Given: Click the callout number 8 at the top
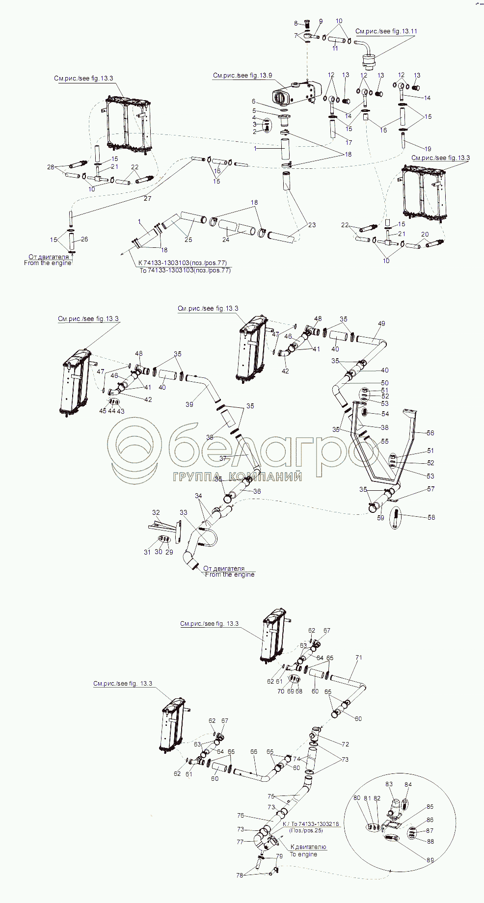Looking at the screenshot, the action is point(296,23).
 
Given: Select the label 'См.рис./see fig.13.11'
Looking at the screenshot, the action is point(386,31).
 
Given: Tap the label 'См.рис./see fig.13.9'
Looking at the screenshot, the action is point(242,76).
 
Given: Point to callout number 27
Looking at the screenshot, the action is point(147,198).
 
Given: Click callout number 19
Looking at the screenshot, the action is point(428,149).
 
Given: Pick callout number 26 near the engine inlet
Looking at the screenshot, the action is point(84,239).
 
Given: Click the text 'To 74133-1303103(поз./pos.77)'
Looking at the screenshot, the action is point(185,270).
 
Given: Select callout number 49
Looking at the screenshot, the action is point(381,323).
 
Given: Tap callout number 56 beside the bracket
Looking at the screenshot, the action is point(430,433).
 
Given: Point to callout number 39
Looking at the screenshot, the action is point(189,404).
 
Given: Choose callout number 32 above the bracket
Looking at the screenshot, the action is point(156,512).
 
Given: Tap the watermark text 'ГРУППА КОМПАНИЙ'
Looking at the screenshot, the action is point(237,477).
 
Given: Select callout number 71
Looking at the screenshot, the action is point(359,658).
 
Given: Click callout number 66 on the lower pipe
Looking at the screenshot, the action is point(254,751).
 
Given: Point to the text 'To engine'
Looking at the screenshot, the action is point(303,854).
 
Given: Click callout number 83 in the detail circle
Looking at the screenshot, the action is point(389,784).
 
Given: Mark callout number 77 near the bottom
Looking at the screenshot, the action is point(240,842).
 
